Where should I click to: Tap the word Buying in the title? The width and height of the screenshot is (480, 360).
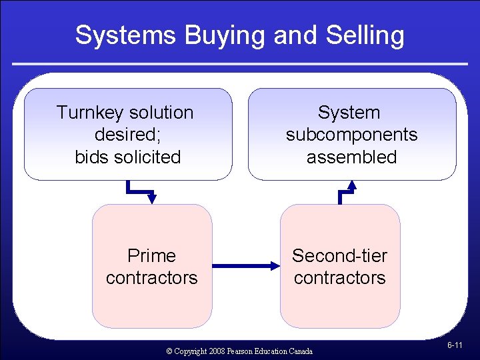(x=216, y=35)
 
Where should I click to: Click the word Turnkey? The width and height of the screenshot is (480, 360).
(x=90, y=113)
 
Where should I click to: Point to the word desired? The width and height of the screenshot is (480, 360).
(x=125, y=135)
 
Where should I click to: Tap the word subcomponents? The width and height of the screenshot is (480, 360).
(x=351, y=135)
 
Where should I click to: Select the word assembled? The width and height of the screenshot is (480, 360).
(x=351, y=157)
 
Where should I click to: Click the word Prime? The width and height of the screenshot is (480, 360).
(x=151, y=255)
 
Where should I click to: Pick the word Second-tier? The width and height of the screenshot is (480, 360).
(x=339, y=255)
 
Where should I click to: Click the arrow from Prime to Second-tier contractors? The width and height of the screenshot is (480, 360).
(x=246, y=266)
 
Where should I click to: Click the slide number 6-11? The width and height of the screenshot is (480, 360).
(x=455, y=345)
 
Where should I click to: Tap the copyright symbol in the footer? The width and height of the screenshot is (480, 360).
(x=169, y=351)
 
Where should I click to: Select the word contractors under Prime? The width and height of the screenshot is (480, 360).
(x=151, y=277)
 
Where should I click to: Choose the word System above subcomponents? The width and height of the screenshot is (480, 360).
(x=349, y=113)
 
